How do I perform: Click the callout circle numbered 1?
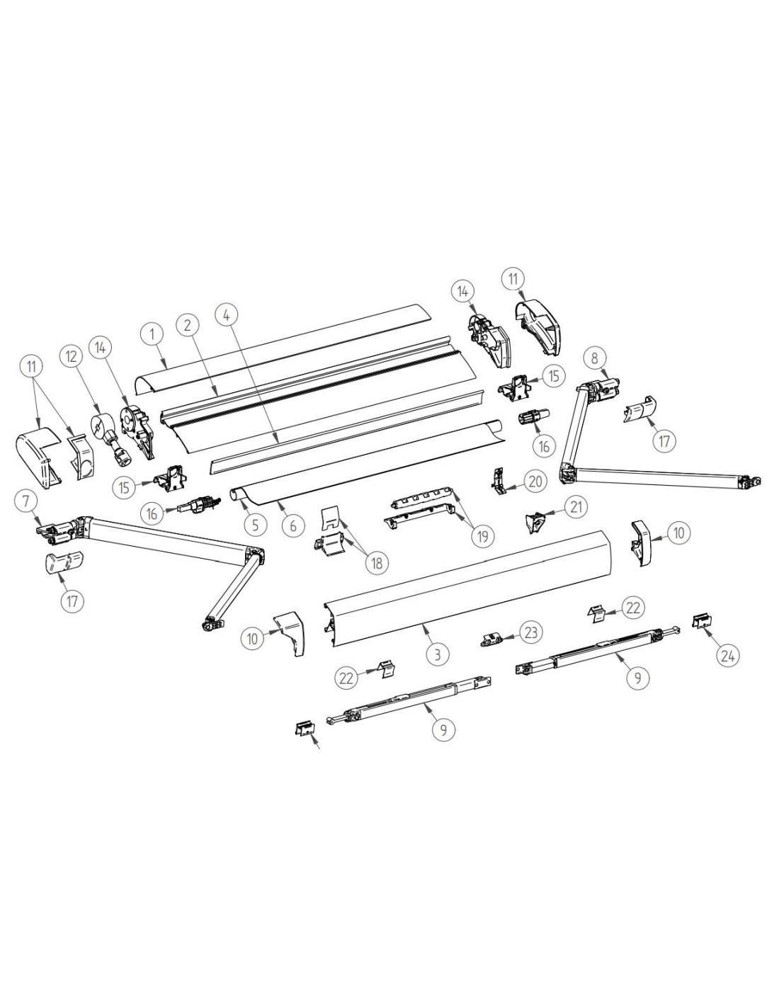pyautogui.click(x=154, y=335)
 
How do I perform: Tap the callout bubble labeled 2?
pyautogui.click(x=187, y=325)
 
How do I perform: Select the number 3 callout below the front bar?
pyautogui.click(x=437, y=654)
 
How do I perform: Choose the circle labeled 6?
pyautogui.click(x=292, y=525)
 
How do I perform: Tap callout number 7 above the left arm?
pyautogui.click(x=27, y=501)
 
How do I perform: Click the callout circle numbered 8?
pyautogui.click(x=595, y=358)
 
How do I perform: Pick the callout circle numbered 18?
pyautogui.click(x=377, y=562)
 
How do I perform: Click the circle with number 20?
pyautogui.click(x=535, y=482)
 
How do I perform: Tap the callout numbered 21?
pyautogui.click(x=575, y=506)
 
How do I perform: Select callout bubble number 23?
pyautogui.click(x=531, y=631)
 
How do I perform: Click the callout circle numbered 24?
pyautogui.click(x=728, y=655)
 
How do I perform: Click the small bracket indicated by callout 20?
pyautogui.click(x=499, y=481)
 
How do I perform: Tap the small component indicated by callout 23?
pyautogui.click(x=490, y=640)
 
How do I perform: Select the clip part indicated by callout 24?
pyautogui.click(x=702, y=621)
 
